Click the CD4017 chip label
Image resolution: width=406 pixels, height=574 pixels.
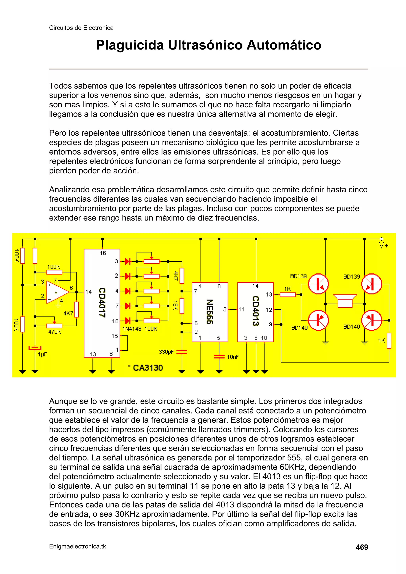click(x=102, y=303)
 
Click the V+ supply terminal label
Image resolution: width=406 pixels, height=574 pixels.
click(x=383, y=245)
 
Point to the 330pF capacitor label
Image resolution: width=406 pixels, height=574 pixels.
click(x=166, y=352)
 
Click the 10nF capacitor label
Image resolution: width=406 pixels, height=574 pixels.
click(x=233, y=357)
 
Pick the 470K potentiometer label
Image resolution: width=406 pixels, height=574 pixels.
click(x=55, y=332)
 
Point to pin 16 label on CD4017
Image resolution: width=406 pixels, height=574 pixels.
click(x=103, y=253)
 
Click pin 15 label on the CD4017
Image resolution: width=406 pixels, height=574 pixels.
click(x=115, y=336)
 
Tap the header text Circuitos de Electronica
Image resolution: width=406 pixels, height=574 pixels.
click(x=81, y=28)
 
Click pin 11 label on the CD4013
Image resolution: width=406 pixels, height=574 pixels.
click(x=241, y=309)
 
